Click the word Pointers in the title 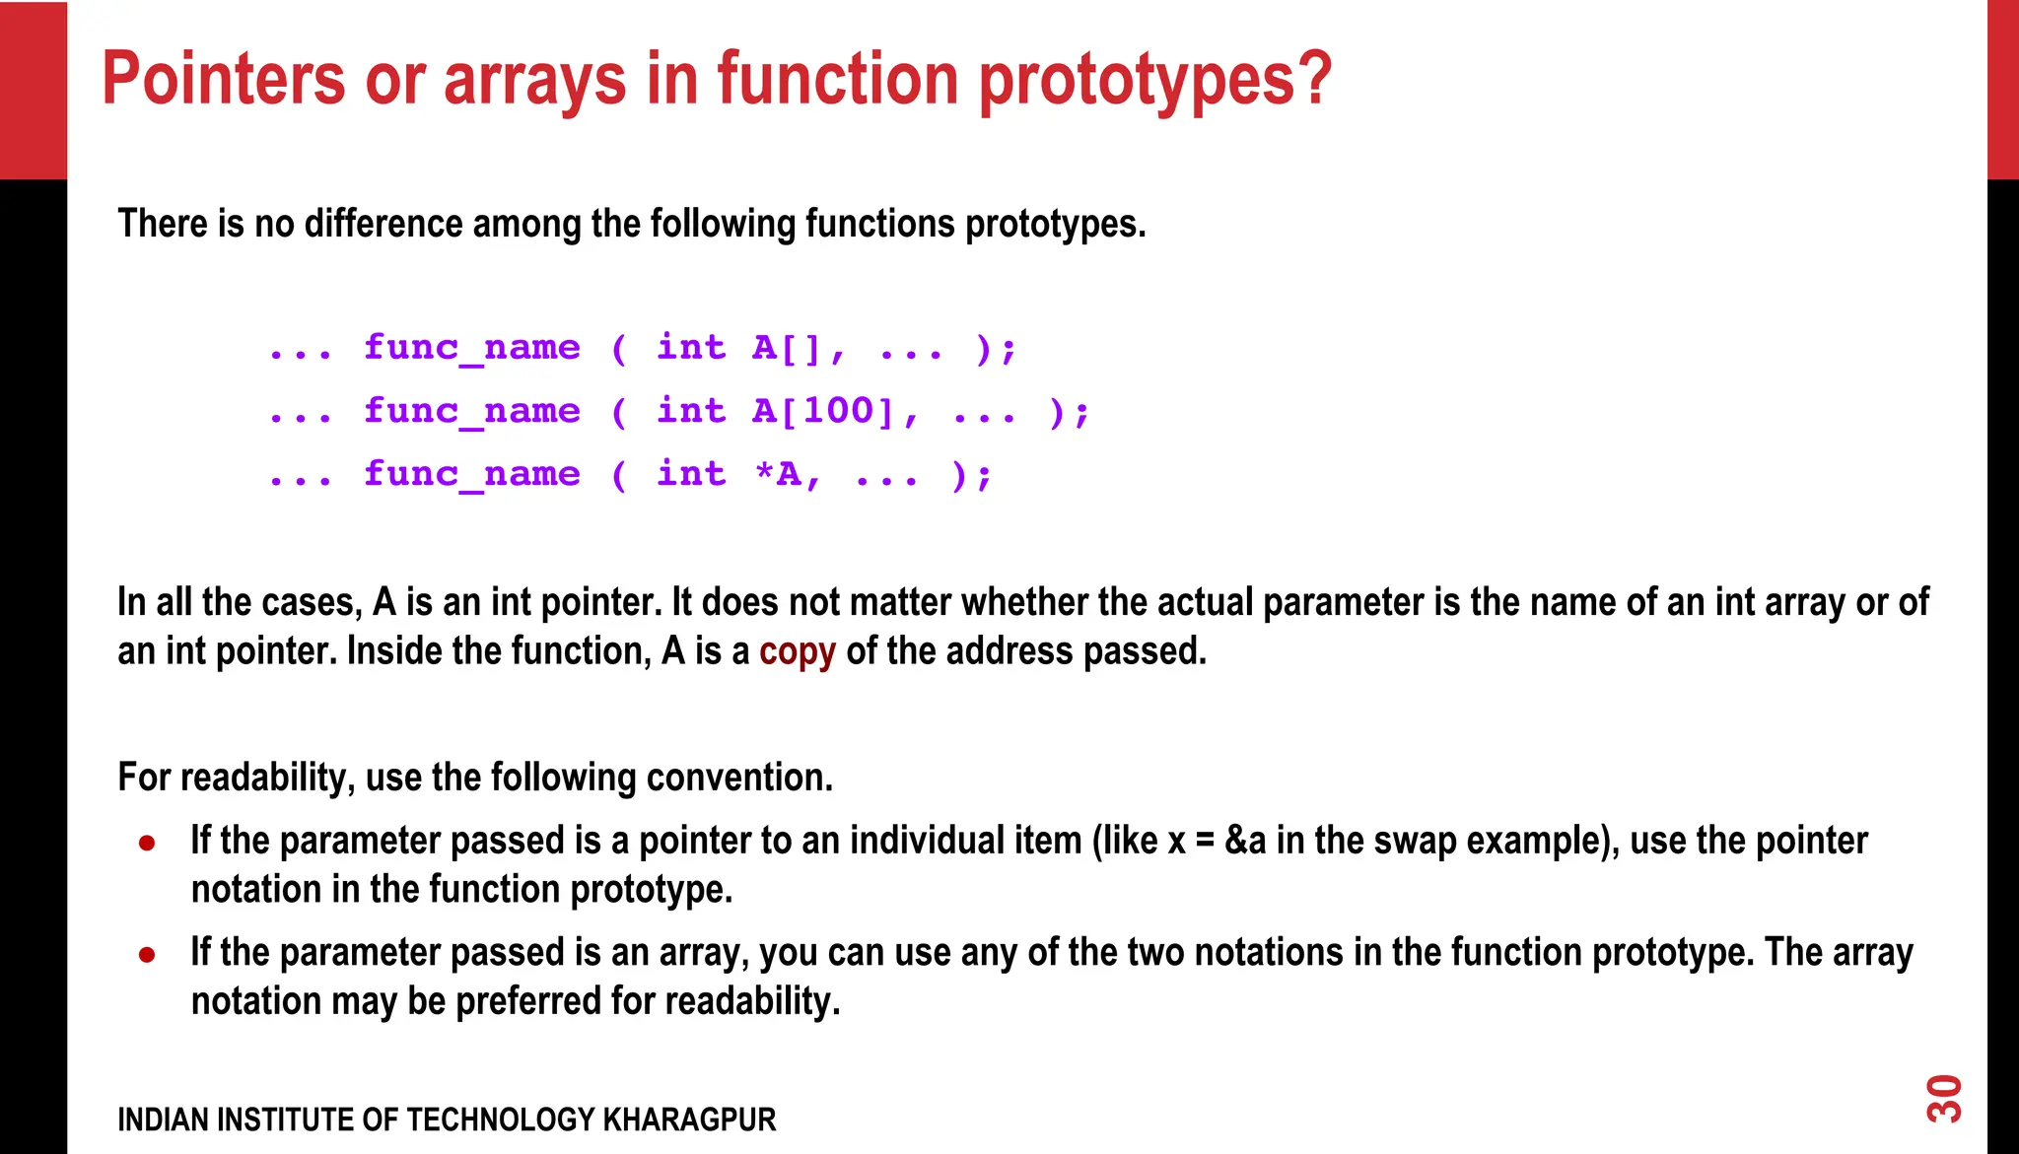224,79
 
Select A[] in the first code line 786,348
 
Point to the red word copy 797,651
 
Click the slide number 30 1944,1099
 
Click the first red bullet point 147,843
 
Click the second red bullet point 147,954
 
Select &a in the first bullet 1245,841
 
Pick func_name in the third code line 471,474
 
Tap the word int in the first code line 691,348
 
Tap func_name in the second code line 471,411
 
